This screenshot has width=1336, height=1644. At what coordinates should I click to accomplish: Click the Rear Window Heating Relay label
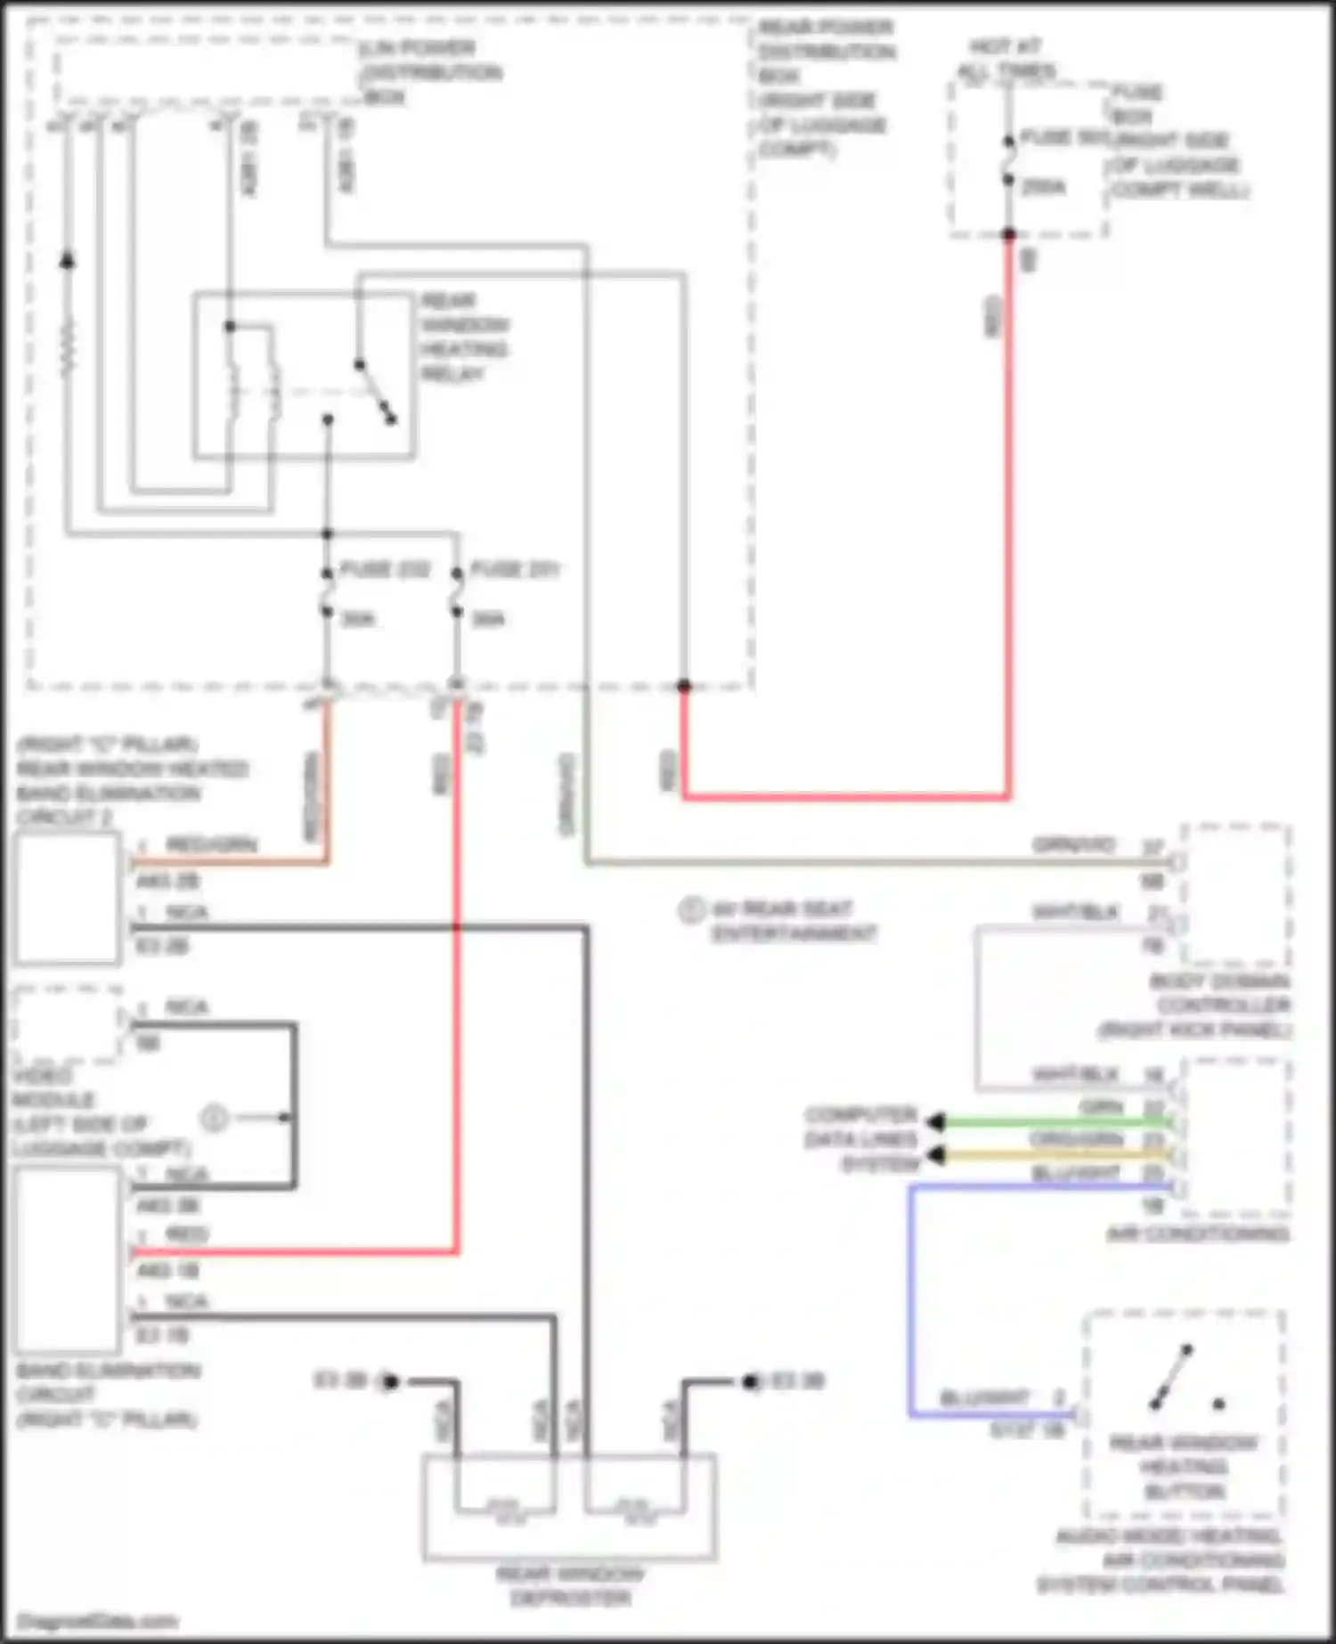coord(464,338)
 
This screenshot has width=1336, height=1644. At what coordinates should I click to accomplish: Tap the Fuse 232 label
coord(385,569)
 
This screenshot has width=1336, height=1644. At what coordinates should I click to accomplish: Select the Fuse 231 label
coord(515,569)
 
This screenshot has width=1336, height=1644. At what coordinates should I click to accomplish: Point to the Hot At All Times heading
coord(1006,58)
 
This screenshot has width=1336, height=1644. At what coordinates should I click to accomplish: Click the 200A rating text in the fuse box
coord(1043,187)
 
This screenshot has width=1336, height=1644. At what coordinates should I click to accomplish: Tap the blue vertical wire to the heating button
coord(910,1300)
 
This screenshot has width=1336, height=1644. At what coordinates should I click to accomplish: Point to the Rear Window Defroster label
coord(570,1586)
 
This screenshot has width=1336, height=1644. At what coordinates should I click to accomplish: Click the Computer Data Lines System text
coord(860,1140)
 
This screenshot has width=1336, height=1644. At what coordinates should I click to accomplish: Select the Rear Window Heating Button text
coord(1184,1467)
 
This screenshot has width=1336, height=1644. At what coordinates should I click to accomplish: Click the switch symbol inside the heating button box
coord(1172,1379)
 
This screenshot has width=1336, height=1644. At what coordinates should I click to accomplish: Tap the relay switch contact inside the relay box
coord(375,392)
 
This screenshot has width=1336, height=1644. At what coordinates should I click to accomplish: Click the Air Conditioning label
coord(1198,1234)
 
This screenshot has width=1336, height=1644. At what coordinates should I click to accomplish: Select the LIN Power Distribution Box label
coord(430,72)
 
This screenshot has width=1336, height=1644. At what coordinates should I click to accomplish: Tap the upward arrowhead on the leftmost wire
coord(67,261)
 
